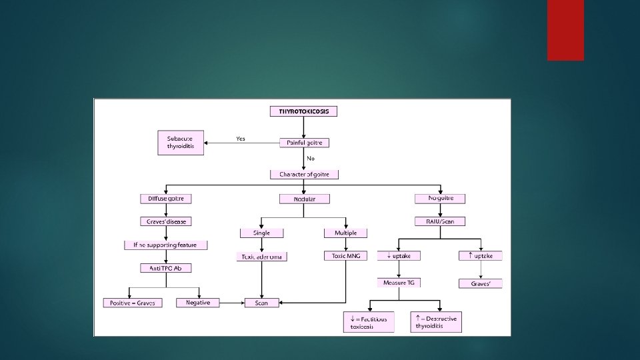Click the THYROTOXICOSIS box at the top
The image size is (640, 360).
pos(303,111)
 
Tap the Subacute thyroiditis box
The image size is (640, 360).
pos(181,143)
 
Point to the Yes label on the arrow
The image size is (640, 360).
pos(241,139)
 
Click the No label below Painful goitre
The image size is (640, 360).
pos(311,159)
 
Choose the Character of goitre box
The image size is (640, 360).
pos(304,175)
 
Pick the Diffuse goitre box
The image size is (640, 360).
pos(166,199)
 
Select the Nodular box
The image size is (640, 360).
pos(304,199)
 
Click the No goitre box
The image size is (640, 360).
pos(440,198)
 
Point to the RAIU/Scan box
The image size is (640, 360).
pos(440,221)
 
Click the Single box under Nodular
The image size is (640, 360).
pos(261,233)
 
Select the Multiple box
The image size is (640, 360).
pos(345,233)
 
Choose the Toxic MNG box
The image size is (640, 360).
pos(345,256)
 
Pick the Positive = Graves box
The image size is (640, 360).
pos(133,303)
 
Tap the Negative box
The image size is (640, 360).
pos(198,303)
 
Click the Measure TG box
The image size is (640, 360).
pos(399,283)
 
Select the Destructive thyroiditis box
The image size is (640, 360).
pos(437,323)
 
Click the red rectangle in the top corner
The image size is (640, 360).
pos(565,30)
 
